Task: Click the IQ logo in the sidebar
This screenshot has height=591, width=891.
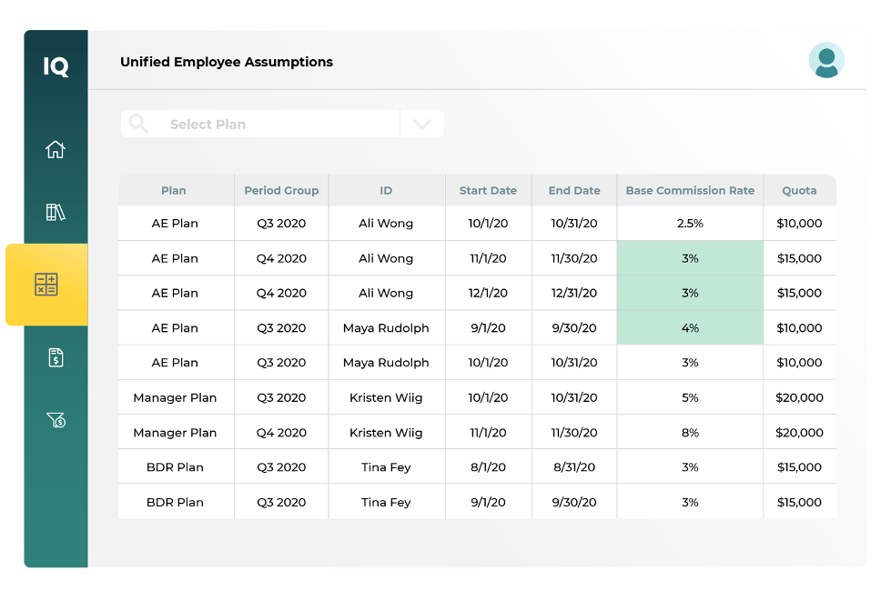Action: (56, 65)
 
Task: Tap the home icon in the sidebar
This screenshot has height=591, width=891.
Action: (56, 149)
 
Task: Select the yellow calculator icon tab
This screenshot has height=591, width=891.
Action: (46, 284)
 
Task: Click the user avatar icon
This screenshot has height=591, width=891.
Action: (826, 61)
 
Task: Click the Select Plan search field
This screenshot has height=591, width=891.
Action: (260, 125)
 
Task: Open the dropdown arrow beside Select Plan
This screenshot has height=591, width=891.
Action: (422, 125)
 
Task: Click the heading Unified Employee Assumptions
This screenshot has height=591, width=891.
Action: (227, 62)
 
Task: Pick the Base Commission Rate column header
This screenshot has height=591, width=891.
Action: (690, 191)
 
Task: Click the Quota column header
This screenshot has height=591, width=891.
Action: (799, 191)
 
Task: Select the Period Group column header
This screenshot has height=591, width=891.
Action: (281, 191)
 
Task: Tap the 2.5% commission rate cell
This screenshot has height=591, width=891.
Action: (690, 224)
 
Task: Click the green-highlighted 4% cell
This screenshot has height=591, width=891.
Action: (690, 328)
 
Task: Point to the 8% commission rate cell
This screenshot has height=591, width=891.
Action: (690, 433)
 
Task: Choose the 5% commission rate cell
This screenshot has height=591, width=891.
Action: (690, 397)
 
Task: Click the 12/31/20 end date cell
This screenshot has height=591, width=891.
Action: (574, 293)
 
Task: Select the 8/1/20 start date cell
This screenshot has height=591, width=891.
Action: (488, 467)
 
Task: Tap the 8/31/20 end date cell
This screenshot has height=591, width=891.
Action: (574, 467)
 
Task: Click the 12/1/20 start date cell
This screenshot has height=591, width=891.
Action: (488, 293)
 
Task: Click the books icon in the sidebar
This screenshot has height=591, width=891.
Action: (56, 213)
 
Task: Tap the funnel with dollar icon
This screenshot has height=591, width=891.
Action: (56, 420)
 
